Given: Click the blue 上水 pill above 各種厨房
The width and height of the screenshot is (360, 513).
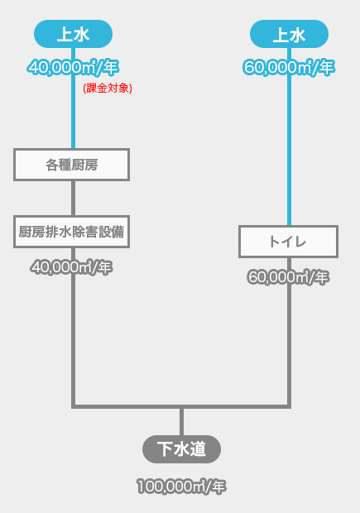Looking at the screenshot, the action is (x=74, y=34).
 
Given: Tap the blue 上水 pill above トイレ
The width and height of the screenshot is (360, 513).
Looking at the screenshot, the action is (x=290, y=34).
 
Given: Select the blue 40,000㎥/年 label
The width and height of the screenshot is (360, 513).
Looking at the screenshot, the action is (x=74, y=67).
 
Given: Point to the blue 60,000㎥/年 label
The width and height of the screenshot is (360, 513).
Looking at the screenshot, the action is (x=289, y=67).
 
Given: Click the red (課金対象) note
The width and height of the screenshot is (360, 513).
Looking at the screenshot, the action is (x=108, y=88).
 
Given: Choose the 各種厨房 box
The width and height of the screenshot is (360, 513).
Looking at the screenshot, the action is (x=72, y=165).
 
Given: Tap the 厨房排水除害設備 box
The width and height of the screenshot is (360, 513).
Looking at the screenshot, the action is (x=72, y=232).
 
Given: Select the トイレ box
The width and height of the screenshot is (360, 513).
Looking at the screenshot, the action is (x=288, y=242).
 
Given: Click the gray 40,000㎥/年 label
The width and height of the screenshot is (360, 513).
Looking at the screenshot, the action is (x=72, y=267).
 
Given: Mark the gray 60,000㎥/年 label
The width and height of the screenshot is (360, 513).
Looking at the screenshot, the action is (x=288, y=277).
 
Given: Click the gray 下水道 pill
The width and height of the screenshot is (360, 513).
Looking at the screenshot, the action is (x=181, y=449).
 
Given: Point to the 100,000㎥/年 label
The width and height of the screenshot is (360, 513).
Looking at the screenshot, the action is (x=181, y=487).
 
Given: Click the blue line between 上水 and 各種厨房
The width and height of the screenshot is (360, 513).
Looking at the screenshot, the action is (x=74, y=98).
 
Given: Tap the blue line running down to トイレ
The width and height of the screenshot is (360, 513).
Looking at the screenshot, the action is (x=290, y=137).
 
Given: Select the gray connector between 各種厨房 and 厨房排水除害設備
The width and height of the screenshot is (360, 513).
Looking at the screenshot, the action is (x=74, y=198).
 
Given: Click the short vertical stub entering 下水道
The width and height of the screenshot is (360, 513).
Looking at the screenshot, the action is (x=181, y=422).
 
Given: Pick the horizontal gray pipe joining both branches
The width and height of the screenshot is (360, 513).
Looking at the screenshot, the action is (x=181, y=406).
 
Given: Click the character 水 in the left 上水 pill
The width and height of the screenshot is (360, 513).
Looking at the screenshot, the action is (x=82, y=34).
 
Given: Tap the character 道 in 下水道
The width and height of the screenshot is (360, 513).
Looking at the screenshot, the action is (x=198, y=449).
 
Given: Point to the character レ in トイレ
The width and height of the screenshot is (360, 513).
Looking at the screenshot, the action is (x=300, y=242).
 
